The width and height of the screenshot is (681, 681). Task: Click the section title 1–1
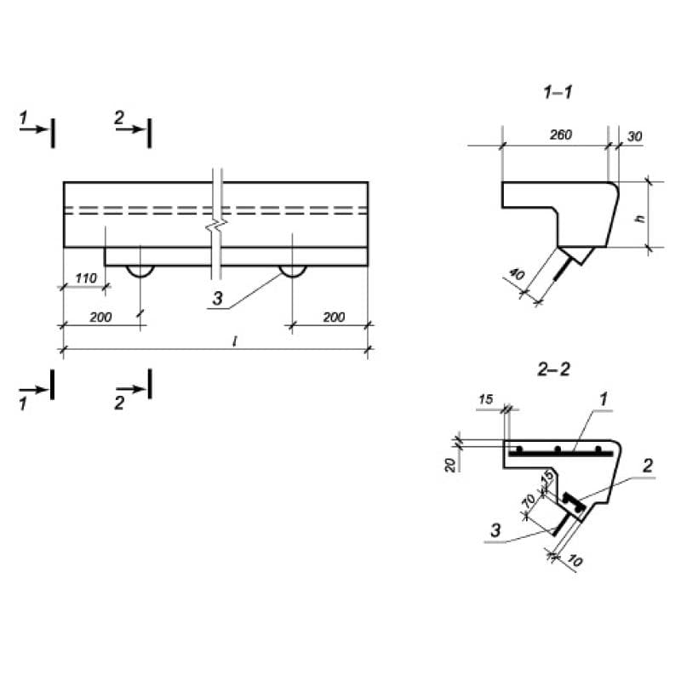pyautogui.click(x=558, y=92)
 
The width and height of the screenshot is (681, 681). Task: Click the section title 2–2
pyautogui.click(x=554, y=369)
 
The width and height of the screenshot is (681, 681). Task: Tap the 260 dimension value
pyautogui.click(x=561, y=134)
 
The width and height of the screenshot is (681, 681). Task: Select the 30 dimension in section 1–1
pyautogui.click(x=634, y=136)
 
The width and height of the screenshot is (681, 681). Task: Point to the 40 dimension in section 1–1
pyautogui.click(x=517, y=273)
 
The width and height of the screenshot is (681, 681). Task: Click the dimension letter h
pyautogui.click(x=640, y=219)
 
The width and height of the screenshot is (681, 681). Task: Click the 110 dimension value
pyautogui.click(x=86, y=278)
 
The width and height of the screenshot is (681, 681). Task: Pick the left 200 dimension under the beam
pyautogui.click(x=100, y=317)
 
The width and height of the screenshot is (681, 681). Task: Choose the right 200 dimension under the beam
pyautogui.click(x=334, y=317)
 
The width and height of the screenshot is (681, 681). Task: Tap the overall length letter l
pyautogui.click(x=235, y=341)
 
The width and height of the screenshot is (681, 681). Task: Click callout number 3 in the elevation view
pyautogui.click(x=217, y=299)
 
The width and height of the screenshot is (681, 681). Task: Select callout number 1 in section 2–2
pyautogui.click(x=604, y=399)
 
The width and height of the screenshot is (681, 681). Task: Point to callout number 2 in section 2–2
pyautogui.click(x=647, y=466)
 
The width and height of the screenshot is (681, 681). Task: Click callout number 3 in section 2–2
pyautogui.click(x=495, y=530)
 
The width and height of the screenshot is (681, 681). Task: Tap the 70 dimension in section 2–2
pyautogui.click(x=529, y=501)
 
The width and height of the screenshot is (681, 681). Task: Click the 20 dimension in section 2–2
pyautogui.click(x=450, y=465)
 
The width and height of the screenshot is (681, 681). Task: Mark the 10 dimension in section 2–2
pyautogui.click(x=575, y=561)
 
